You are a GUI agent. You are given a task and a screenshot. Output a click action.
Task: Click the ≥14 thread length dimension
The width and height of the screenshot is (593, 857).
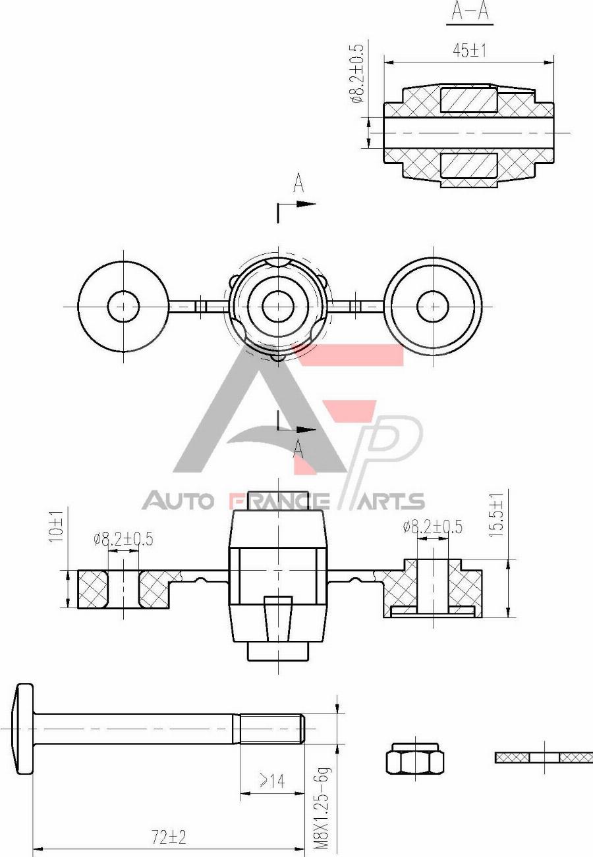coord(272,781)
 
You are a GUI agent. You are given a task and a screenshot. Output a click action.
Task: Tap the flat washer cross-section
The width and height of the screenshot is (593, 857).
coord(544,758)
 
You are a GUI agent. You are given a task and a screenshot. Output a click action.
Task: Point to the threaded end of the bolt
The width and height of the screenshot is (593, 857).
coord(271,729)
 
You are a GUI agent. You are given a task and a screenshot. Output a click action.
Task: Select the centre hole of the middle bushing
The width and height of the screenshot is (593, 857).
coord(277,305)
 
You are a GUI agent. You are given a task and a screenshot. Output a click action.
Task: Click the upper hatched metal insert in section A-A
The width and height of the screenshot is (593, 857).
coord(468,99)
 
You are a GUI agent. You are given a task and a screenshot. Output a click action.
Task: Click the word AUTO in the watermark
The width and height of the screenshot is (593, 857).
coord(178,502)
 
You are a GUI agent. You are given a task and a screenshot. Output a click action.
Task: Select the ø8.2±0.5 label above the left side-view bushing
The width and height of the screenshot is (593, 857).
coord(123,539)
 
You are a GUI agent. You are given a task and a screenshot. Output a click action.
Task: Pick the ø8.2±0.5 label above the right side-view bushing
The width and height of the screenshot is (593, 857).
coord(432,527)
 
